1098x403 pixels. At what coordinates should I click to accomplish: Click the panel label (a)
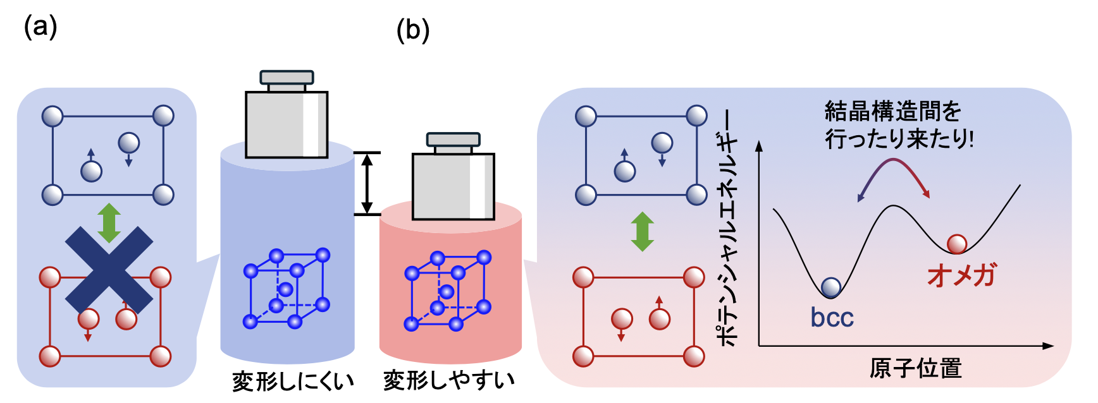tap(40, 28)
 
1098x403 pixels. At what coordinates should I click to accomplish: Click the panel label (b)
tap(412, 30)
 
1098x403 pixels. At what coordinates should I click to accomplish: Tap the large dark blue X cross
tap(109, 270)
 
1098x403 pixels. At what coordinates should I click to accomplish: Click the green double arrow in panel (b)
tap(642, 231)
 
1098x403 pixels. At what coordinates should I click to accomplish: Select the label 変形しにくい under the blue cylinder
tap(292, 381)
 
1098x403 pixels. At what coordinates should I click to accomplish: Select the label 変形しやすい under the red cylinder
tap(448, 380)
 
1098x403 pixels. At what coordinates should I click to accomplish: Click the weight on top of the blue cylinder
tap(287, 117)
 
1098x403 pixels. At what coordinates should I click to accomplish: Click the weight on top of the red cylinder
tap(453, 179)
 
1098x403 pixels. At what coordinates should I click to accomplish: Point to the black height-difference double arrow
tap(367, 183)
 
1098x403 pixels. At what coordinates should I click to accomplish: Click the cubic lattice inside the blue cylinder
tap(287, 289)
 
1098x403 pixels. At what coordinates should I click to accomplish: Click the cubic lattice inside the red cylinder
tap(447, 291)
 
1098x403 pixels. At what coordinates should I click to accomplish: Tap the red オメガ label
tap(961, 275)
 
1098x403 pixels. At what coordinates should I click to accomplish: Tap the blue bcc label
tap(832, 317)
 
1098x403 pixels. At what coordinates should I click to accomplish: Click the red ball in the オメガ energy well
tap(956, 244)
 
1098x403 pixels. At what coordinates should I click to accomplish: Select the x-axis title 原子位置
tap(915, 368)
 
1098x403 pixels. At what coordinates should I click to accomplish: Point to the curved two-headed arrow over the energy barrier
tap(894, 174)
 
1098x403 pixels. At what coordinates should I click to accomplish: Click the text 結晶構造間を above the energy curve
tap(892, 112)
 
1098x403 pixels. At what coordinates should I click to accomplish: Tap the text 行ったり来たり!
tap(899, 138)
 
